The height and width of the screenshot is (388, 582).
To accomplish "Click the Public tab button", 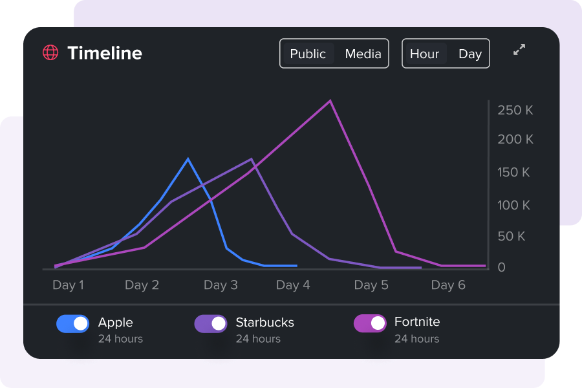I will tap(308, 54).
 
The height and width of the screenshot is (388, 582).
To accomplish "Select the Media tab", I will tap(363, 54).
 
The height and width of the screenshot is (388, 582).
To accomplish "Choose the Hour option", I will tap(424, 54).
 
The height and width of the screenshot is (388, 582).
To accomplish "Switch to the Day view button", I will tap(470, 54).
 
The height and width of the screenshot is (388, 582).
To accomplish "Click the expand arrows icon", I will tap(519, 50).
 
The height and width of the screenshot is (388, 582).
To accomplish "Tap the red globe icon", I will tap(50, 53).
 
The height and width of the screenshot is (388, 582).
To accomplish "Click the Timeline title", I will tap(105, 53).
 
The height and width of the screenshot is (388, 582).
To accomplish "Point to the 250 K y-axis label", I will tap(515, 111).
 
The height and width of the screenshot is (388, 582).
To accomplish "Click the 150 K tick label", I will tap(513, 173).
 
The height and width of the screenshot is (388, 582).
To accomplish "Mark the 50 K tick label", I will tap(512, 237).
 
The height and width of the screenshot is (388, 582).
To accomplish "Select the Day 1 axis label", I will tap(68, 285).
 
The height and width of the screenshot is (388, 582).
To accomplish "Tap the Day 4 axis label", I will tap(293, 285).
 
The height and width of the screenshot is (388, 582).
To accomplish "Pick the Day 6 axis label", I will tap(448, 285).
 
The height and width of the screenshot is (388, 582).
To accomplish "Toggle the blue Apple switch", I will tap(72, 323).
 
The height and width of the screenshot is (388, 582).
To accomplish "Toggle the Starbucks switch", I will tap(211, 323).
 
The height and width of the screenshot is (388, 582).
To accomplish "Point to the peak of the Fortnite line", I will tap(330, 101).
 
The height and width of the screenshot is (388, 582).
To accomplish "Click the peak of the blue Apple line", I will tap(188, 158).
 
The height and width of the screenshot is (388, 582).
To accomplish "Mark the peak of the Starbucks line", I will tap(252, 159).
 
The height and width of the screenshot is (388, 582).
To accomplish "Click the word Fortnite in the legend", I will tap(417, 322).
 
